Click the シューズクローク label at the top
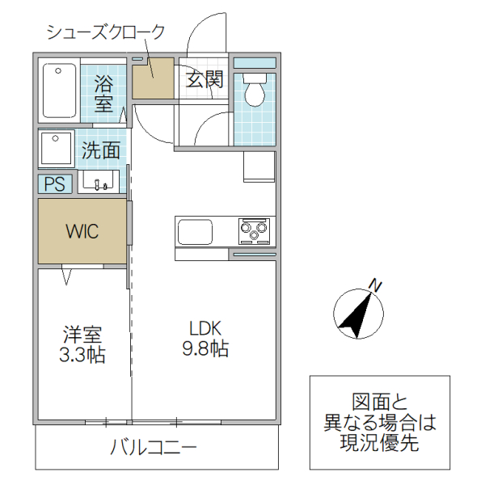coord(105,32)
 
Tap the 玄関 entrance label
coord(204,79)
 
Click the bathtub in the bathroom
coord(60,90)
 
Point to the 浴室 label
coord(103,92)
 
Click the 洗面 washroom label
coord(102,150)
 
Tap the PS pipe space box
coord(55,183)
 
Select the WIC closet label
coord(82,231)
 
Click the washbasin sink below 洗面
coord(100,182)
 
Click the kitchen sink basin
coord(195,231)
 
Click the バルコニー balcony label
coord(154,447)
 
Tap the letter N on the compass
coord(374,284)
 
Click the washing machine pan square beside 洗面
coord(57,148)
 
